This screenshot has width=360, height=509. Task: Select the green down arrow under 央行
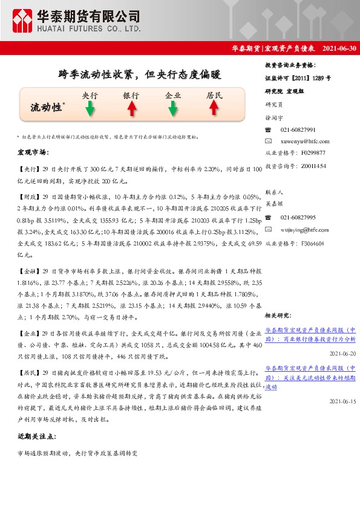90,109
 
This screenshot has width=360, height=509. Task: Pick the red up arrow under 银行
131,109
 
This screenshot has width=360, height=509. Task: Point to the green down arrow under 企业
172,109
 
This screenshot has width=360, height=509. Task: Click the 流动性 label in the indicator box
47,108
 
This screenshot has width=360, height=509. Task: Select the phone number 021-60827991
298,130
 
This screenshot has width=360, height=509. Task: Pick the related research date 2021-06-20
342,354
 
